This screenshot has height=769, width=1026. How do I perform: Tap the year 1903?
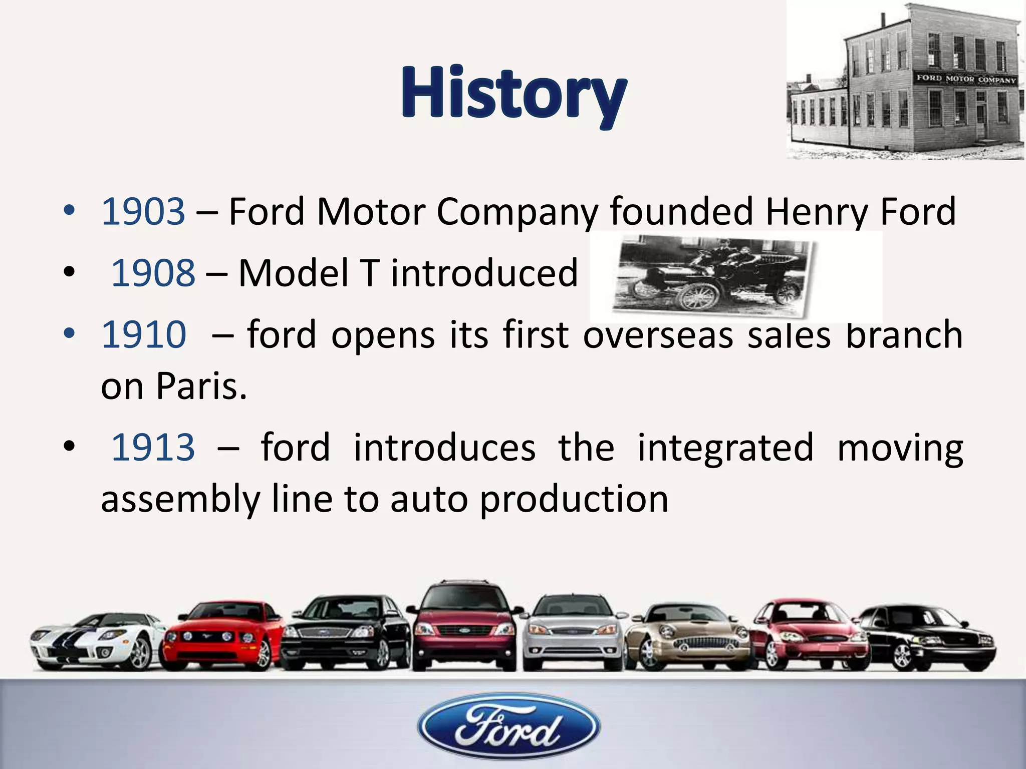pyautogui.click(x=143, y=211)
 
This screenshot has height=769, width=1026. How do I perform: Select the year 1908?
pyautogui.click(x=153, y=273)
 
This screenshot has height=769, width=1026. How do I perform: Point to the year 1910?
pyautogui.click(x=144, y=334)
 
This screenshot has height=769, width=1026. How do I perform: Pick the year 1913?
pyautogui.click(x=153, y=447)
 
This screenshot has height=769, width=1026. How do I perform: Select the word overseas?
pyautogui.click(x=658, y=334)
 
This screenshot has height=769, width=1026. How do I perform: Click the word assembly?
pyautogui.click(x=180, y=499)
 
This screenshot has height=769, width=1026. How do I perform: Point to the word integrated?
pyautogui.click(x=725, y=447)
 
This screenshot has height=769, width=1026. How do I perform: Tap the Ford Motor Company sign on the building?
pyautogui.click(x=966, y=79)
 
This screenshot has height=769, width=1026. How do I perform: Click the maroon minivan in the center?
pyautogui.click(x=463, y=626)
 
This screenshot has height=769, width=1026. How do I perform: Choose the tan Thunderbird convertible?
pyautogui.click(x=689, y=636)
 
